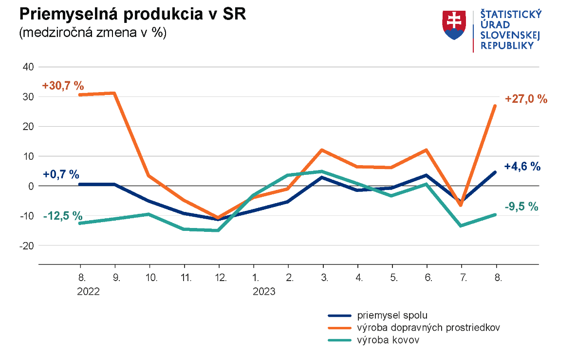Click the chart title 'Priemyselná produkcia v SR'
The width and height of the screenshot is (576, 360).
132,14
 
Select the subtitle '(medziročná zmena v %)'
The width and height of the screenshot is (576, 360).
93,33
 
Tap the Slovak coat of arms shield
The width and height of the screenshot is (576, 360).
454,25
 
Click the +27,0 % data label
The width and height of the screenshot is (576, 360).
526,99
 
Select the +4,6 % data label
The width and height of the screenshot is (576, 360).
522,166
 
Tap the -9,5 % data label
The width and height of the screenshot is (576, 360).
521,207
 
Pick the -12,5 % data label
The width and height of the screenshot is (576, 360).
63,216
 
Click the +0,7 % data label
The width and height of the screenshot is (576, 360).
61,174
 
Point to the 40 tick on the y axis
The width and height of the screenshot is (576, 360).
28,67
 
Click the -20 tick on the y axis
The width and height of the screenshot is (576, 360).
26,246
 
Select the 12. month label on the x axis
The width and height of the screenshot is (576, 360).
219,279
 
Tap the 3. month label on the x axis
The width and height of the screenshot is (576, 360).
324,279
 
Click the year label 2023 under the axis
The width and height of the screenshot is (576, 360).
264,292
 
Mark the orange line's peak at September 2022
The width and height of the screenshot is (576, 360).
114,93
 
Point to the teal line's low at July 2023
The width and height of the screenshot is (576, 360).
461,226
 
